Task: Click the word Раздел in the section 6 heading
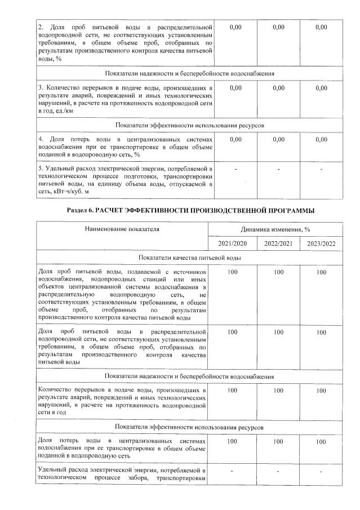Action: click(78, 210)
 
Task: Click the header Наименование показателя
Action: click(122, 229)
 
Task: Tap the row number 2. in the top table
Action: click(41, 27)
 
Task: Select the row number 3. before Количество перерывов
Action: click(41, 88)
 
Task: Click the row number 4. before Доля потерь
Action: click(41, 139)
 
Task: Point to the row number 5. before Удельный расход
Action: click(41, 168)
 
